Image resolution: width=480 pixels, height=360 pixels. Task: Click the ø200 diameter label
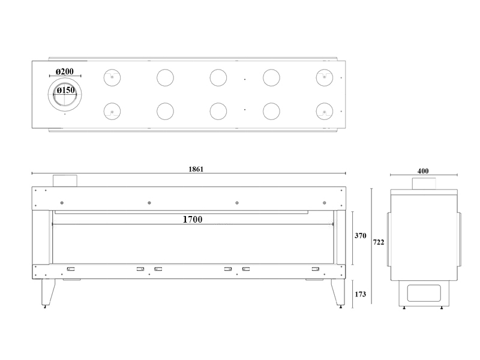(x=65, y=71)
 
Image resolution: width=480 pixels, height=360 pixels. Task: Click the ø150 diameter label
(x=66, y=91)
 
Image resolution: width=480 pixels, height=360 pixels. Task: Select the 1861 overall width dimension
(x=196, y=169)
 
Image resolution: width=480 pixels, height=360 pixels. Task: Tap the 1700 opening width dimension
(x=193, y=220)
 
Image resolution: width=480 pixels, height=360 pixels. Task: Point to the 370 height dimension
(x=361, y=236)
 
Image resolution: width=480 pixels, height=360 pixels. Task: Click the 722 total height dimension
(x=379, y=242)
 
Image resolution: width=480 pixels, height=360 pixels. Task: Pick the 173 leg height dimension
(x=361, y=294)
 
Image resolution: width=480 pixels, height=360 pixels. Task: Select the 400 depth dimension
(x=423, y=171)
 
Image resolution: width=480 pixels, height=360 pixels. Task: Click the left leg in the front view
(x=48, y=292)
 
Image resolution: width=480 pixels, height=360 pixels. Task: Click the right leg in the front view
(x=338, y=292)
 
